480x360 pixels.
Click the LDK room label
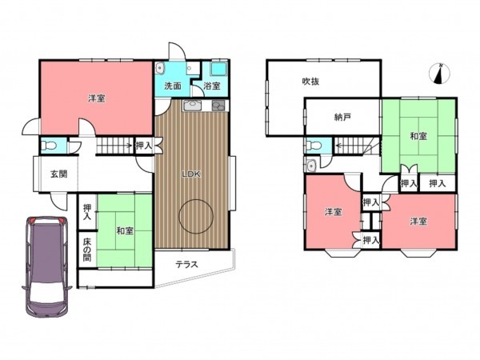point(191,174)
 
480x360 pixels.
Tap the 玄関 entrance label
point(58,174)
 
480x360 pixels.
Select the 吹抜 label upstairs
point(310,82)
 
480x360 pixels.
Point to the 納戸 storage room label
point(342,117)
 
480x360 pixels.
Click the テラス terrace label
point(186,264)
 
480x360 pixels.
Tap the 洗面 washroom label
point(173,86)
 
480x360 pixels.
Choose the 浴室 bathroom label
point(212,86)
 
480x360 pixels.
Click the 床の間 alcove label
point(87,250)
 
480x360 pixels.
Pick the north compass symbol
point(440,74)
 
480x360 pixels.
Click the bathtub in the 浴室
point(219,69)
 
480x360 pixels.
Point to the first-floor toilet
point(49,146)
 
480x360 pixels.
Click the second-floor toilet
point(314,146)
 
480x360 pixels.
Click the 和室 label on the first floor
point(125,230)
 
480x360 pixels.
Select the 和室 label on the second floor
point(418,136)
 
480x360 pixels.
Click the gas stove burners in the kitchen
point(218,106)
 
